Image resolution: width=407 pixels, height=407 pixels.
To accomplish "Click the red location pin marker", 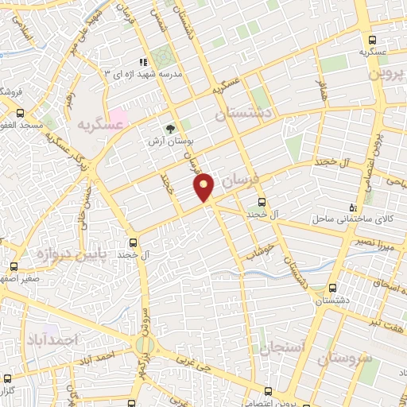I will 204,188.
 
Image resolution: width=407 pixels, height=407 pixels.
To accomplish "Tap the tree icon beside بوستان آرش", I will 170,128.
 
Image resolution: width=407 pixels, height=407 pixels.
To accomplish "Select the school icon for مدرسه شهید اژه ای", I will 143,62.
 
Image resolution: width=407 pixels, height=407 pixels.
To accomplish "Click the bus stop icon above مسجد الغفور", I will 21,114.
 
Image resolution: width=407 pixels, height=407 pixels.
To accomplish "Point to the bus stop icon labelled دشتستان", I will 332,289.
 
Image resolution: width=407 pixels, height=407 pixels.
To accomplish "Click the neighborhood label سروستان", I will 344,358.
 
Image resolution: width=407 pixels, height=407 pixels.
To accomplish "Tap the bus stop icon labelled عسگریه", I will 372,41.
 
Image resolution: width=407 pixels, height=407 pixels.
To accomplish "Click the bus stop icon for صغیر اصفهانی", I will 14,266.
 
